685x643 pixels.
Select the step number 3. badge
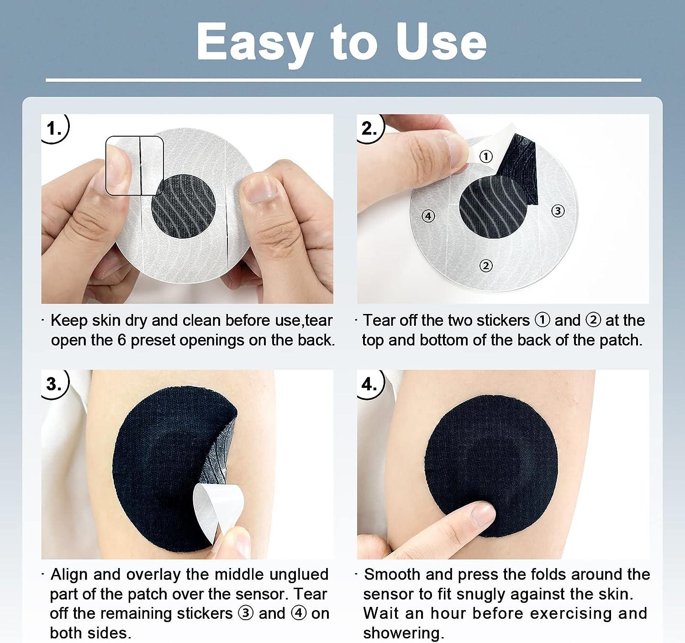54,383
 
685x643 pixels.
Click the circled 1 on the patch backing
486,156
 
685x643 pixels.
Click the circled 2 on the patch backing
486,266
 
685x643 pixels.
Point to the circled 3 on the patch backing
558,211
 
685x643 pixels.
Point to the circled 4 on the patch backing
428,215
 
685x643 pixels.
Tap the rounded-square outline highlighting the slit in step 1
134,165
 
